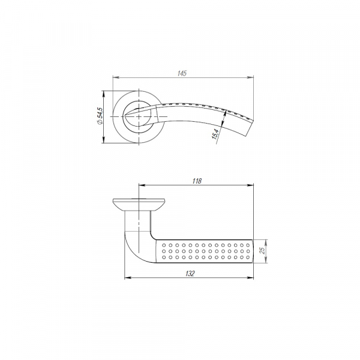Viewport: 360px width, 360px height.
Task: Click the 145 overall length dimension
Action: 182,73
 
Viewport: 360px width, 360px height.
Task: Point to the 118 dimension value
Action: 197,181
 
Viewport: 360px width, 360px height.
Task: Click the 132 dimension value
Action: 188,273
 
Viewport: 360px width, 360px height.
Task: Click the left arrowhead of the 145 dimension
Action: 115,77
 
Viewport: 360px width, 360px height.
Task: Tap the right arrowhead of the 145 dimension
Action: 250,77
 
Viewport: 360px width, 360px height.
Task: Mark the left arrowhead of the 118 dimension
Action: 141,185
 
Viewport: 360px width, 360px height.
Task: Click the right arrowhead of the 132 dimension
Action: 251,277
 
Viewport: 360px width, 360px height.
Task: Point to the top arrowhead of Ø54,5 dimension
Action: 105,94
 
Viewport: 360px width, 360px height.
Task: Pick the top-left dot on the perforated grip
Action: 163,243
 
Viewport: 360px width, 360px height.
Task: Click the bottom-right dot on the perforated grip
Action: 248,258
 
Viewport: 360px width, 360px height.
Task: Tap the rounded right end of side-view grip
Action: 253,250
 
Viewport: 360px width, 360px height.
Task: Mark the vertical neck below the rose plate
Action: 138,219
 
